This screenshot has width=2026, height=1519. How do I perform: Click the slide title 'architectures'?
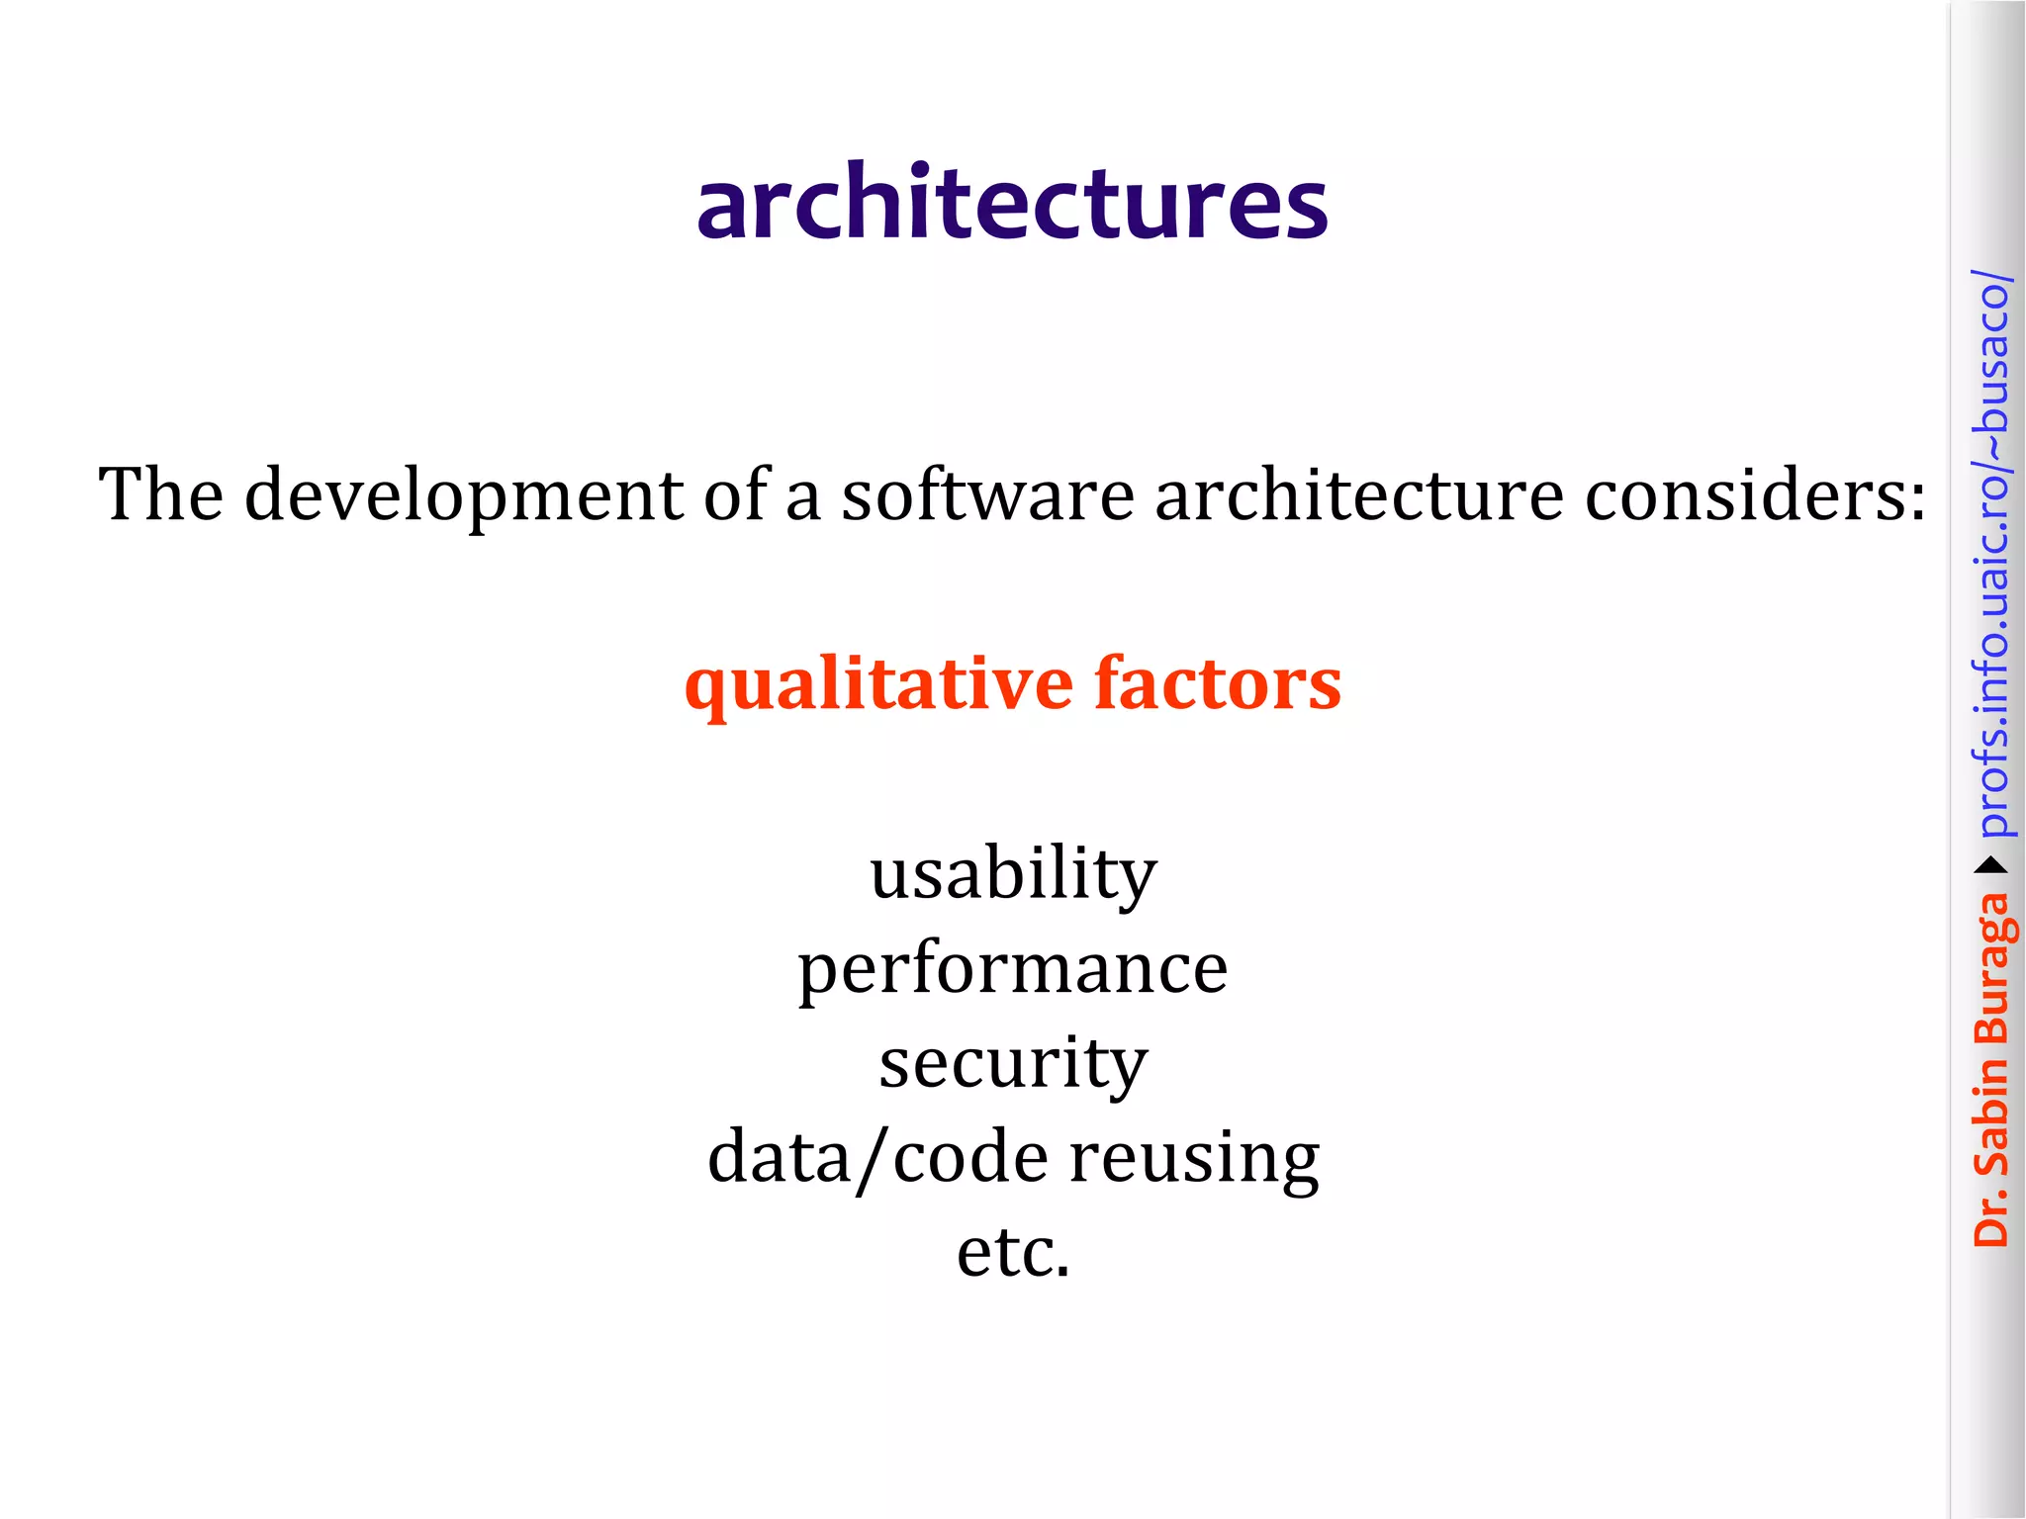tap(1012, 204)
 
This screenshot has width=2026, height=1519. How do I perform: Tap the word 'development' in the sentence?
tap(463, 494)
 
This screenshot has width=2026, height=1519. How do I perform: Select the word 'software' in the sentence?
tap(987, 494)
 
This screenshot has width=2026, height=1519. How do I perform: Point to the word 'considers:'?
tap(1756, 494)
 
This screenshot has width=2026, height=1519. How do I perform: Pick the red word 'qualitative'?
tap(878, 684)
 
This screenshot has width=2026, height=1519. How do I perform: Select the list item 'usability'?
tap(1013, 875)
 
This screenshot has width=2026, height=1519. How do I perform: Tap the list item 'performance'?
tap(1013, 969)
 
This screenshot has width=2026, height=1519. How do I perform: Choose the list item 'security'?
tap(1013, 1064)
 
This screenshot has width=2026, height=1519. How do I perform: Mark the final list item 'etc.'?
tap(1013, 1252)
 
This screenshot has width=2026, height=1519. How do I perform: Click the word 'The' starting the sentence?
tap(160, 494)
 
